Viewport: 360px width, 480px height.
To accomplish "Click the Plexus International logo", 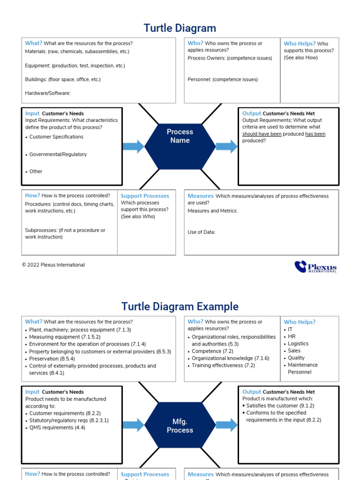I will tap(315, 267).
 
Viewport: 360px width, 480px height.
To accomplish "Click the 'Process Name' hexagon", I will tap(180, 136).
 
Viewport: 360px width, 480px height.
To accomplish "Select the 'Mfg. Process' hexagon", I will tap(180, 426).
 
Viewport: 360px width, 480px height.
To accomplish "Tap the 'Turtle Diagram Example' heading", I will tap(180, 307).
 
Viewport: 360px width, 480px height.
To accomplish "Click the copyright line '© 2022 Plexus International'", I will tap(53, 265).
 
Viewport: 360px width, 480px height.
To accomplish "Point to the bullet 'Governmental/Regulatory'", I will tap(58, 154).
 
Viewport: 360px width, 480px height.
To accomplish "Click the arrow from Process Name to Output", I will tap(227, 146).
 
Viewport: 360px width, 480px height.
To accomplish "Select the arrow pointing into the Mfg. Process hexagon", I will tap(134, 425).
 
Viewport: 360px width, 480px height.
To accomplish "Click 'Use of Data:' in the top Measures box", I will tap(202, 232).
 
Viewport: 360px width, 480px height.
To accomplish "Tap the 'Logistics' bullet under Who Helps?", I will tap(298, 344).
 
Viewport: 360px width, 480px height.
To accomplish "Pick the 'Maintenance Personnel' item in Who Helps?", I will tap(302, 368).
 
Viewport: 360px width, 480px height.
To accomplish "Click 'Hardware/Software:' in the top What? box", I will tap(48, 93).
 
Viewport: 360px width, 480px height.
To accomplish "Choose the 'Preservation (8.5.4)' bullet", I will tap(52, 359).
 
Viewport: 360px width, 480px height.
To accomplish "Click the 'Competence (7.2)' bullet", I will tap(212, 351).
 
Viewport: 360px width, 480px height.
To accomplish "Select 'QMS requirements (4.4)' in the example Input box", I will tap(57, 427).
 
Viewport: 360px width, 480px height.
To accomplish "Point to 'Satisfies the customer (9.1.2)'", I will tap(280, 405).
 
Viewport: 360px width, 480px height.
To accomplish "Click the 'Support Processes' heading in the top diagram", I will tap(145, 196).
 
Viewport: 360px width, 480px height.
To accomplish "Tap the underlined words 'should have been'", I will tap(262, 134).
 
